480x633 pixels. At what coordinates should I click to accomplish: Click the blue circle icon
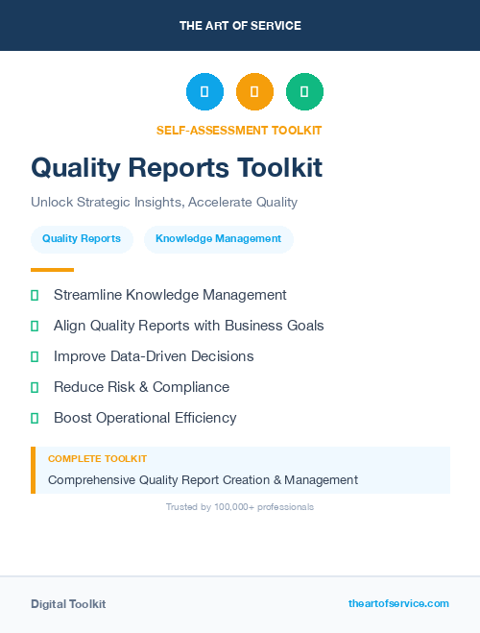tap(204, 92)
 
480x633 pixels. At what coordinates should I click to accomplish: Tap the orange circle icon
tap(254, 92)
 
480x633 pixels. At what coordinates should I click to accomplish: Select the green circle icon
tap(304, 92)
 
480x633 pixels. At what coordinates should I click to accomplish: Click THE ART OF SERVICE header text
tap(240, 26)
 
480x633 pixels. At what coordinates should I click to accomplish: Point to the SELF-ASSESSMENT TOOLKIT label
tap(239, 131)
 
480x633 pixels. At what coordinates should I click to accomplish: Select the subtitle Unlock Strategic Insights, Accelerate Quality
tap(164, 203)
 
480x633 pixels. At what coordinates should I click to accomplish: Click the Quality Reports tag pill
tap(82, 239)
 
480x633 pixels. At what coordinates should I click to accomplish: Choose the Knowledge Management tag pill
tap(218, 239)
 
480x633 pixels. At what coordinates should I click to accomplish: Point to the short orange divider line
tap(52, 270)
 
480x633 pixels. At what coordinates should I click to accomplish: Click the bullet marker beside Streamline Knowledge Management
tap(35, 296)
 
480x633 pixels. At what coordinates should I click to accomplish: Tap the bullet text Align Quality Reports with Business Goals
tap(188, 326)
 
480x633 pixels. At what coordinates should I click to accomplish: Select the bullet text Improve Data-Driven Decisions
tap(154, 356)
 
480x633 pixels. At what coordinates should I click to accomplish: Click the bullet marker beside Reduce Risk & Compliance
tap(35, 388)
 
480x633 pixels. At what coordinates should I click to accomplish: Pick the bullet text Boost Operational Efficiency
tap(145, 418)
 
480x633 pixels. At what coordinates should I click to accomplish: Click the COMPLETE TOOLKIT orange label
tap(97, 459)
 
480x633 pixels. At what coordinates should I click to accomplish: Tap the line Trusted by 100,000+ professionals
tap(240, 507)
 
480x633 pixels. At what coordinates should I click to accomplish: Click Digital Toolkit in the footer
tap(68, 604)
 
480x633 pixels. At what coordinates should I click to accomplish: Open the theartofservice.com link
tap(398, 603)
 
